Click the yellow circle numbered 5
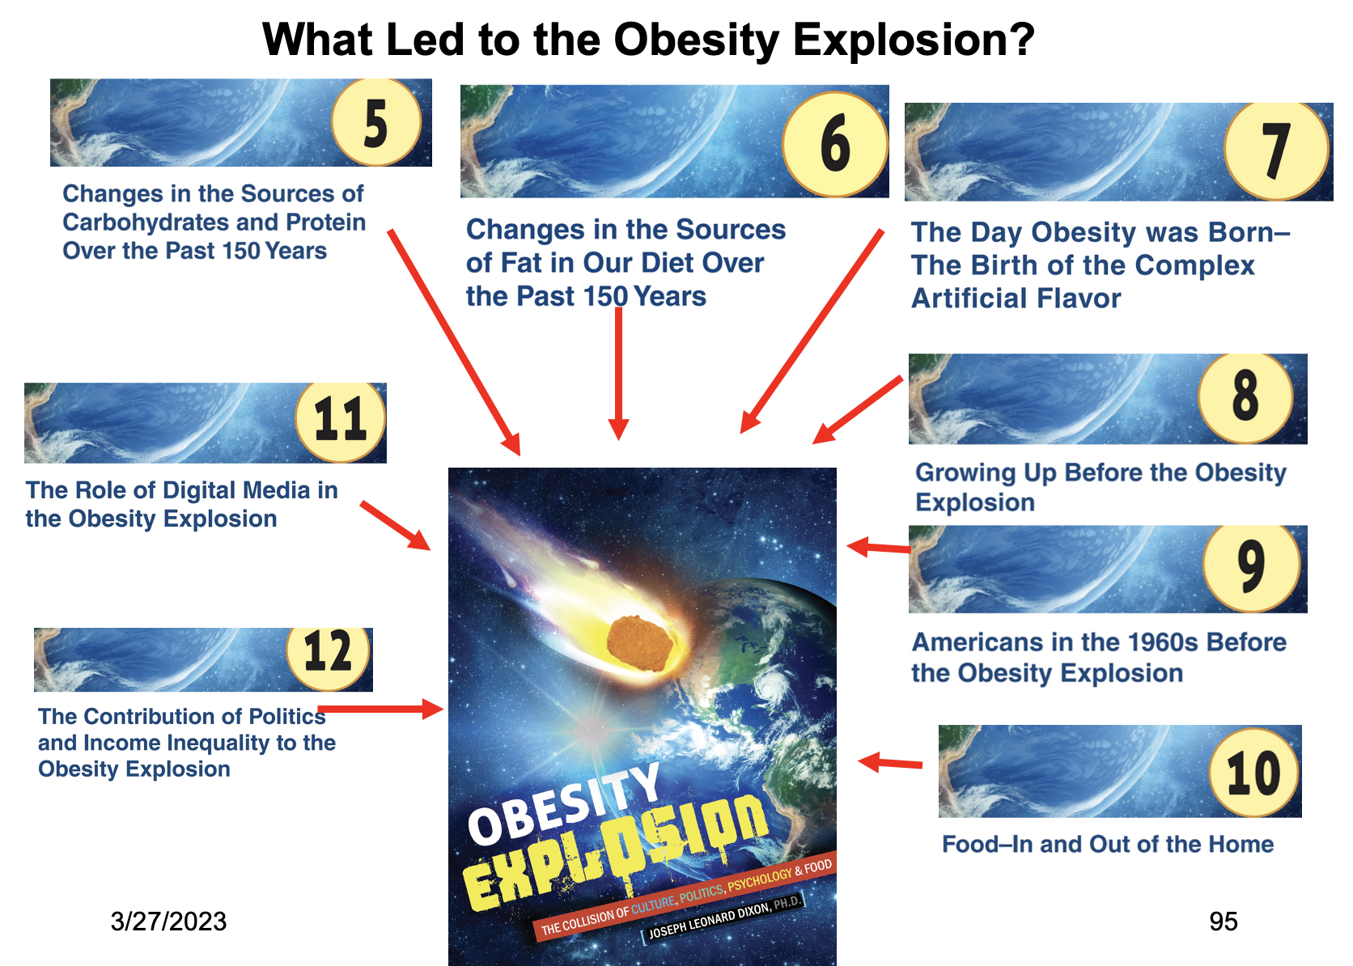coord(376,122)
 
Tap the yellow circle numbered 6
coord(835,144)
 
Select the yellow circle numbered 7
coord(1276,151)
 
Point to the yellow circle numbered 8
coord(1245,397)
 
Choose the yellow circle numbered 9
coord(1252,567)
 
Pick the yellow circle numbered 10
coord(1254,772)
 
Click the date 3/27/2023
coord(168,922)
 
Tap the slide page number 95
coord(1224,922)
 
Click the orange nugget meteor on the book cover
coord(639,644)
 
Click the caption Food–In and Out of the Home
coord(1108,844)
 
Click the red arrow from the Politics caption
coord(380,708)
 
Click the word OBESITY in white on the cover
coord(564,805)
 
